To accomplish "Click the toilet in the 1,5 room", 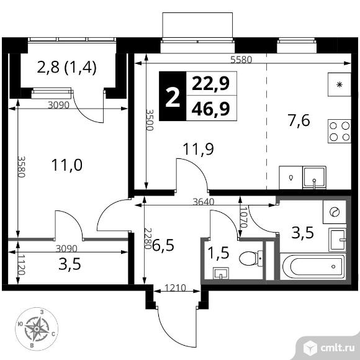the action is coord(251,258).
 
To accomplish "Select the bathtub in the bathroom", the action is coord(313,266).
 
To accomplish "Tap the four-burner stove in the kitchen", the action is coord(340,132).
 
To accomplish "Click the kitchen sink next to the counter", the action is coord(314,178).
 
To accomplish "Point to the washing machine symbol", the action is coord(335,212).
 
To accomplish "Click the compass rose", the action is coord(37,329).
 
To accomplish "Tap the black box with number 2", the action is coord(173,96).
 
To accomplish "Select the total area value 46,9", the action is coord(210,109).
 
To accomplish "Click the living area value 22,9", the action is coord(210,84).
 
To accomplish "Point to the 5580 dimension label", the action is coord(241,60).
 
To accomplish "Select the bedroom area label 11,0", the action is coord(67,165).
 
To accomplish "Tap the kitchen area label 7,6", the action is coord(299,121).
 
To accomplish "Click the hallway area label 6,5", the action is coord(163,245).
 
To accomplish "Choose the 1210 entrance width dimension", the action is coord(175,288).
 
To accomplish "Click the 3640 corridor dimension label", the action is coord(204,202).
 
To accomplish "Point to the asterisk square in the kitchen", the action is coord(340,84).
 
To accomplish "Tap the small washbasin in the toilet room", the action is coord(221,273).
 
